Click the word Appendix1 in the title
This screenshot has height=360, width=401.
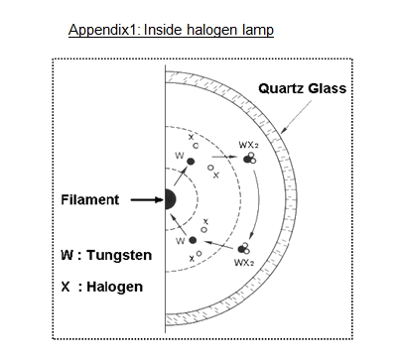[x=102, y=30]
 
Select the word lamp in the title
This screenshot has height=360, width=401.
[x=254, y=30]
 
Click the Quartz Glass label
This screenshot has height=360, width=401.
[x=302, y=88]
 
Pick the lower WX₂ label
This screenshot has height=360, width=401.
[x=243, y=262]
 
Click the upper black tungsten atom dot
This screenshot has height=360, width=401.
[x=191, y=160]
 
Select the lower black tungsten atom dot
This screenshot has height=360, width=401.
[x=191, y=240]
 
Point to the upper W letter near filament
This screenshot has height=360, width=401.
[x=179, y=157]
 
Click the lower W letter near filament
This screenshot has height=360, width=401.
[x=179, y=240]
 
